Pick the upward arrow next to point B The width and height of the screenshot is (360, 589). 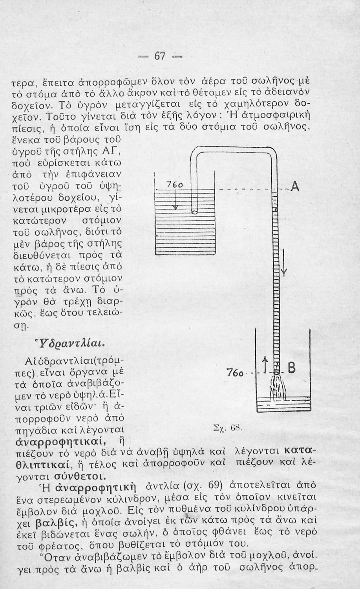tap(265, 365)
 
